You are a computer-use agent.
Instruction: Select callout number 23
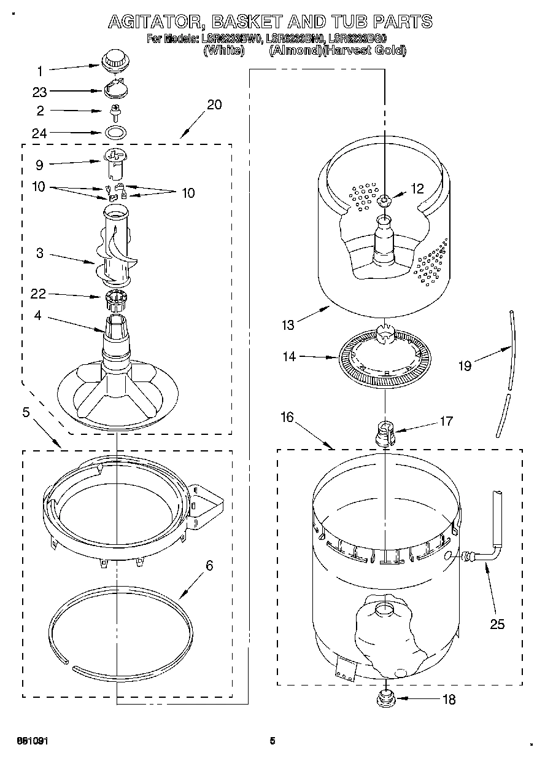tap(40, 92)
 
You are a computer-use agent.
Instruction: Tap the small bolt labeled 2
tap(114, 111)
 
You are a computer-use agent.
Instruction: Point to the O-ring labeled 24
tap(115, 131)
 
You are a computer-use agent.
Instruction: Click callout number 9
tap(40, 165)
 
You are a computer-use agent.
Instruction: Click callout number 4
tap(38, 316)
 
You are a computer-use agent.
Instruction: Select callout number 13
tap(288, 325)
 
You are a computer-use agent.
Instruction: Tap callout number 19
tap(465, 365)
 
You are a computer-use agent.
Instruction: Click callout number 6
tap(209, 566)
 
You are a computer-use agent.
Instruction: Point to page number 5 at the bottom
tap(272, 741)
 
